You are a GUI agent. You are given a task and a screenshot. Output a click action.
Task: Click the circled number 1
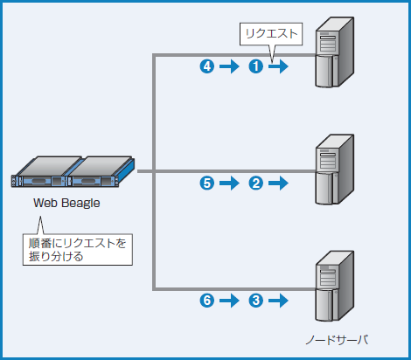click(x=256, y=66)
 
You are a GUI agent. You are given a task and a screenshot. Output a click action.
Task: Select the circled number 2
click(x=256, y=183)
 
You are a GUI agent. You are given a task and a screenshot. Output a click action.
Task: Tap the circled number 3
click(x=256, y=301)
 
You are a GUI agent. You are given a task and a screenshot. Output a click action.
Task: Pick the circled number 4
click(x=207, y=66)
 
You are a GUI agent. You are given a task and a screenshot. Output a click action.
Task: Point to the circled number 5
click(x=207, y=183)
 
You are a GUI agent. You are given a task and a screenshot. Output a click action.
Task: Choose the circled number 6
click(x=207, y=301)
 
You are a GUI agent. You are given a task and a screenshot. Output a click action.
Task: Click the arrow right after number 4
click(x=229, y=66)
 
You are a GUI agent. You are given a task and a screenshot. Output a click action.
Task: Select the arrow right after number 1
click(x=278, y=66)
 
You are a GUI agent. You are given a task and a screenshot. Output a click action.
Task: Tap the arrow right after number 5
click(x=229, y=183)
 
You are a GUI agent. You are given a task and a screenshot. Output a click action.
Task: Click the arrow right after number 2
click(x=278, y=183)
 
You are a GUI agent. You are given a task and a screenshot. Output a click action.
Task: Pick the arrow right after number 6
click(x=229, y=301)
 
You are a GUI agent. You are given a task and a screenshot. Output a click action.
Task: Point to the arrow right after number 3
click(x=278, y=301)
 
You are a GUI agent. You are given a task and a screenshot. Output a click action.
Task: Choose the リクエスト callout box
click(x=271, y=35)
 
